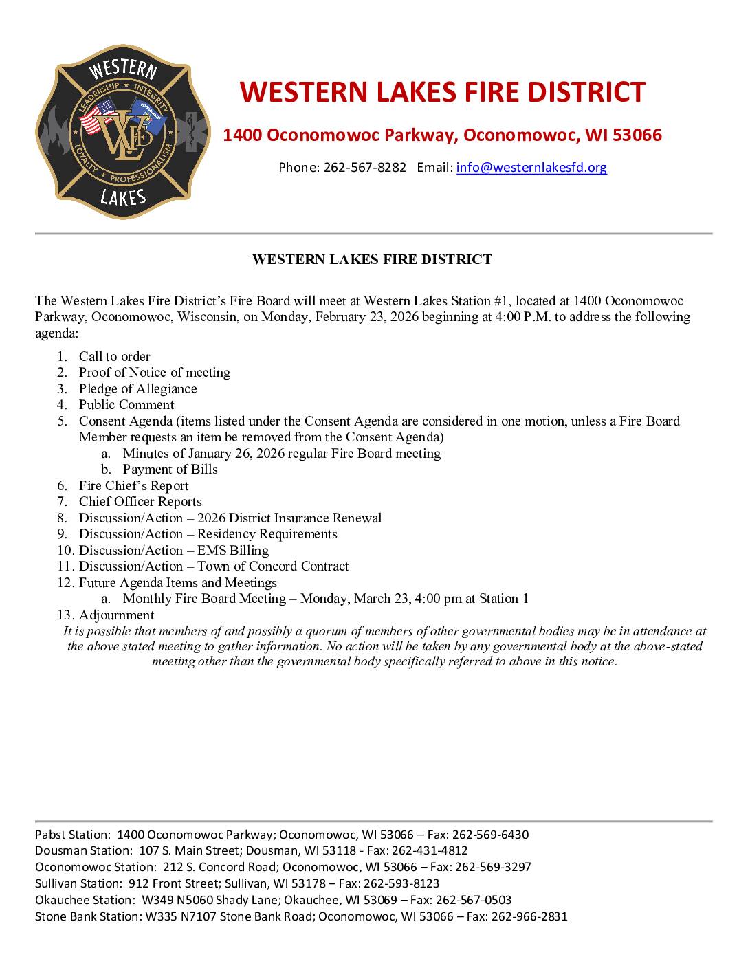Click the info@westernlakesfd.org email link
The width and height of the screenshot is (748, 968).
tap(531, 167)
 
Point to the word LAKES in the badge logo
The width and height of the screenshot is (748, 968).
tap(122, 197)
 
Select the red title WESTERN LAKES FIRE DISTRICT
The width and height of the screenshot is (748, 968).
tap(442, 92)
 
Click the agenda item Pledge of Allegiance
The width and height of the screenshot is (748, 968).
tap(137, 388)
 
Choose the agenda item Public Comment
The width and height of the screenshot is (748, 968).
tap(126, 405)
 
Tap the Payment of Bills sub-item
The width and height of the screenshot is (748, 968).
tap(170, 470)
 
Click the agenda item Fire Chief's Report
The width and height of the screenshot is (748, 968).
tap(133, 485)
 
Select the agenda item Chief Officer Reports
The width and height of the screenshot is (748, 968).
tap(140, 502)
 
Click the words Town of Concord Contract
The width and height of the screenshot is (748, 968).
tap(273, 566)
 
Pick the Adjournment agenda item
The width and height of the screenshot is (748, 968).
tap(116, 615)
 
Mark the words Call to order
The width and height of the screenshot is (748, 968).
tap(114, 356)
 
